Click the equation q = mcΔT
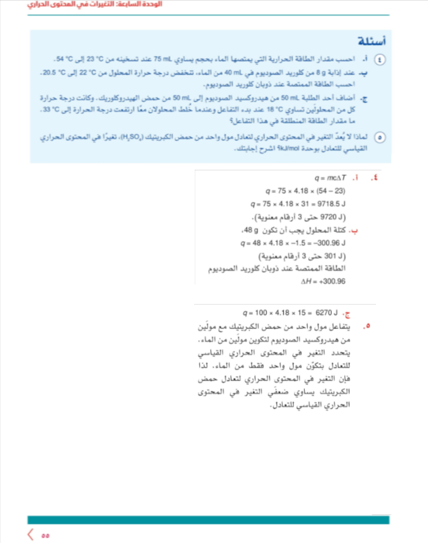coord(329,178)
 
